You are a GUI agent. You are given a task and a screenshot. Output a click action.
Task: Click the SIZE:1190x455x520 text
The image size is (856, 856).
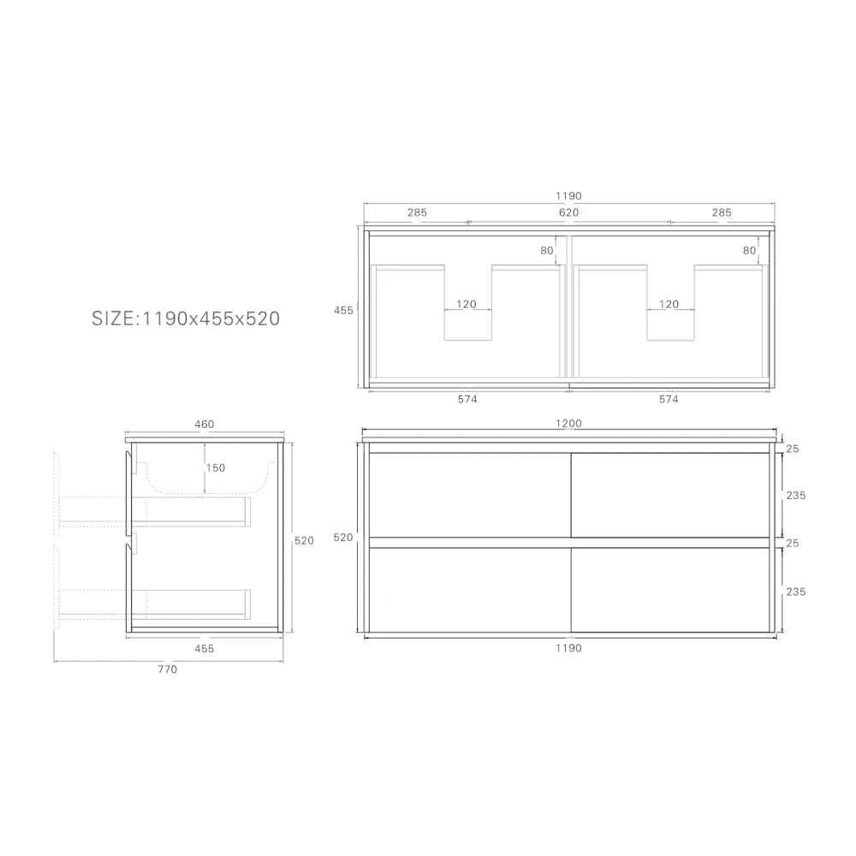(186, 318)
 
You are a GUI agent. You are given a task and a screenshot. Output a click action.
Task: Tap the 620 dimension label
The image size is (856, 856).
(568, 212)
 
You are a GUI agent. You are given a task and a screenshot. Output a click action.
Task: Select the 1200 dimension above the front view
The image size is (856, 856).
(568, 423)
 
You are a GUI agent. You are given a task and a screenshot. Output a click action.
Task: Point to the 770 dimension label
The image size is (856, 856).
(167, 669)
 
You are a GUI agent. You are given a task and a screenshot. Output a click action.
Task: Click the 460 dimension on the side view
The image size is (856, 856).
(205, 425)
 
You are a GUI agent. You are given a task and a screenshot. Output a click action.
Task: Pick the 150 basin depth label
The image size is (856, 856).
(216, 468)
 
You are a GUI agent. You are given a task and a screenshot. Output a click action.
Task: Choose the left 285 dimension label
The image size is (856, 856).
(417, 212)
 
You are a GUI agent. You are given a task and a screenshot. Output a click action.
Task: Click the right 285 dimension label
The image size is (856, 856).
(721, 212)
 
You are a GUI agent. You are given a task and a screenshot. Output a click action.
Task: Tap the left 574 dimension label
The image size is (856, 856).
(467, 399)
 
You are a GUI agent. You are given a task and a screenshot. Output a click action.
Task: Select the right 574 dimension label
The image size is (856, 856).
(669, 399)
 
